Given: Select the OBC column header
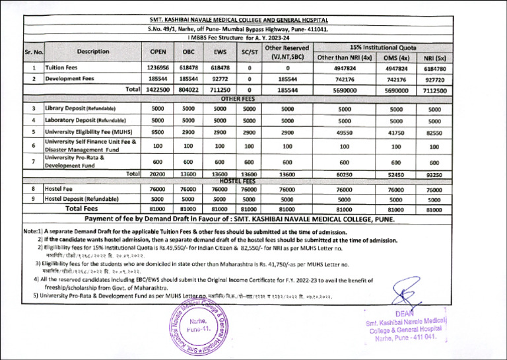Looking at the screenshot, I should pyautogui.click(x=189, y=52).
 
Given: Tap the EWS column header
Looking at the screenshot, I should pyautogui.click(x=220, y=52).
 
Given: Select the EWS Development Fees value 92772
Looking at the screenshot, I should pyautogui.click(x=220, y=79).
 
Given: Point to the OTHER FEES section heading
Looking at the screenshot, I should pyautogui.click(x=238, y=98).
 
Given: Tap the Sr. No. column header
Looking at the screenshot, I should pyautogui.click(x=34, y=52).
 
